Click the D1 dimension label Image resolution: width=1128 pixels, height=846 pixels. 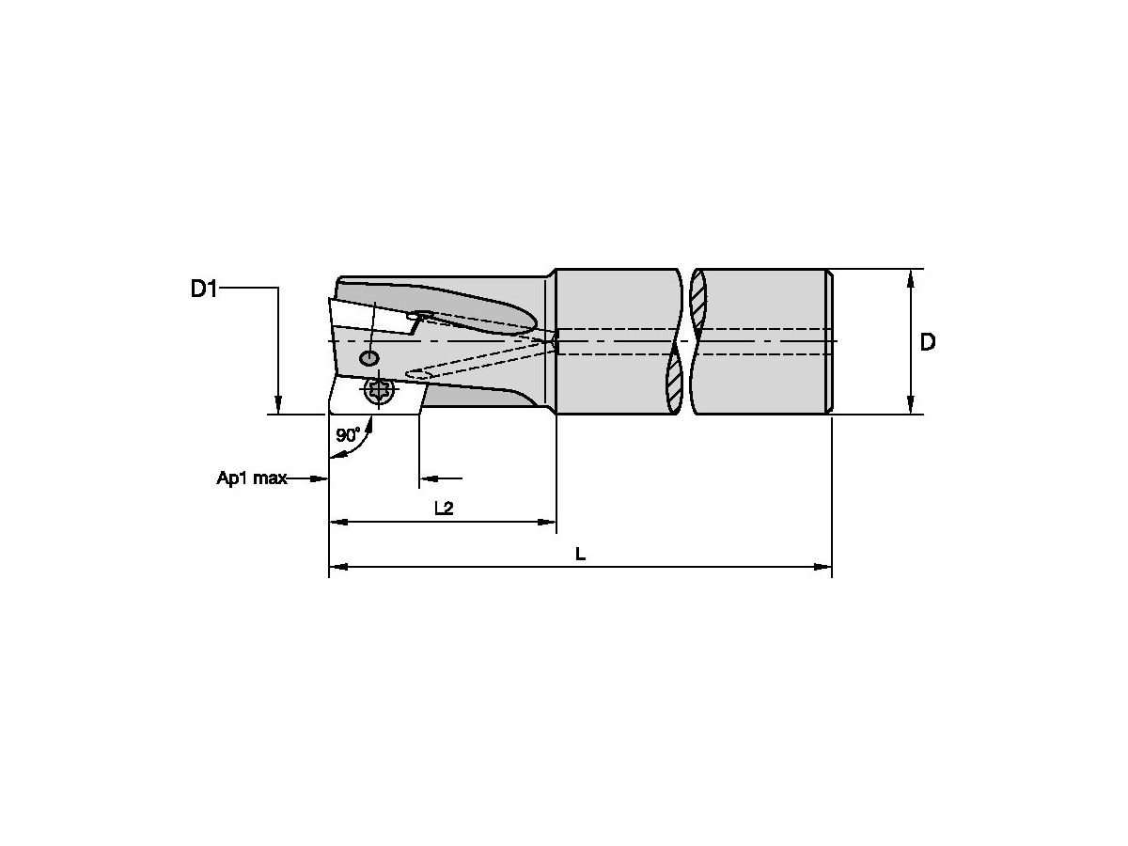(204, 289)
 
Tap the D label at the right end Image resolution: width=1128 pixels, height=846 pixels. (927, 343)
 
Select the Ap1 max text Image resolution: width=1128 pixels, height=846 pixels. (251, 478)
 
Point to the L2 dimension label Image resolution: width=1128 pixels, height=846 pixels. (444, 509)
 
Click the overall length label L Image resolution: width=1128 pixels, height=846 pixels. (580, 555)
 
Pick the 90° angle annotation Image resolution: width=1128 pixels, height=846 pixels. (348, 435)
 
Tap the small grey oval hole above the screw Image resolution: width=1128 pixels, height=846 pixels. (369, 358)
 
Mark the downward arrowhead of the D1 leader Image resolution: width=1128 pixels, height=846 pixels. (278, 405)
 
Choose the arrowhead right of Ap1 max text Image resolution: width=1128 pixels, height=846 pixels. (321, 478)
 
